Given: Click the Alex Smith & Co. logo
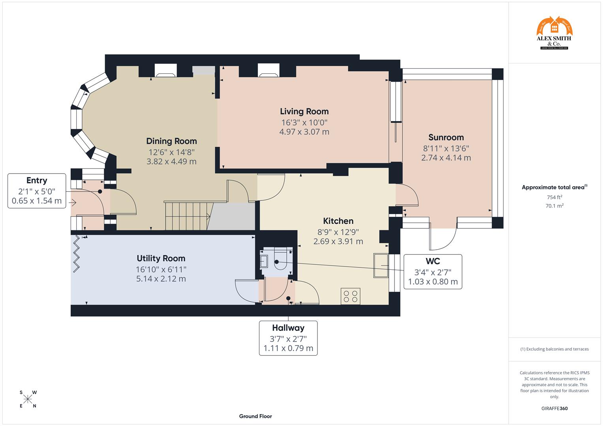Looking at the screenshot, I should (554, 33).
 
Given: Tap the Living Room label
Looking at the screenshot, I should (304, 112).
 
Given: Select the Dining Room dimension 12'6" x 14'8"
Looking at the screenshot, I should (171, 152).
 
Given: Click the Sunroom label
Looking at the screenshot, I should (446, 137).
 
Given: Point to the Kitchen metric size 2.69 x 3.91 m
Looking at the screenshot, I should (338, 241).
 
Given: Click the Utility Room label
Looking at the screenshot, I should (161, 258).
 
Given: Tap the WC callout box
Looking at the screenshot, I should (433, 272).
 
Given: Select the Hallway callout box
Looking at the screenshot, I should (288, 338).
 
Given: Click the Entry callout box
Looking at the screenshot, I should (37, 191).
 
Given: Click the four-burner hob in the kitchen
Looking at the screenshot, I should (350, 296).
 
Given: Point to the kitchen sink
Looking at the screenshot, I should (381, 265).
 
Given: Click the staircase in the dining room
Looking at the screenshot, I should (188, 215).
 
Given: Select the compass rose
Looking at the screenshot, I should (28, 399).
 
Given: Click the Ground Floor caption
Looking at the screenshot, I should (255, 416).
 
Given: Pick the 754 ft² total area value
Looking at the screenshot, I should (554, 197).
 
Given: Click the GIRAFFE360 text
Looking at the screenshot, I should (554, 409).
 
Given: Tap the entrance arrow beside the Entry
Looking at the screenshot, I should (72, 203).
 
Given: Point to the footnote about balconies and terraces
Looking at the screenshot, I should (554, 349).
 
